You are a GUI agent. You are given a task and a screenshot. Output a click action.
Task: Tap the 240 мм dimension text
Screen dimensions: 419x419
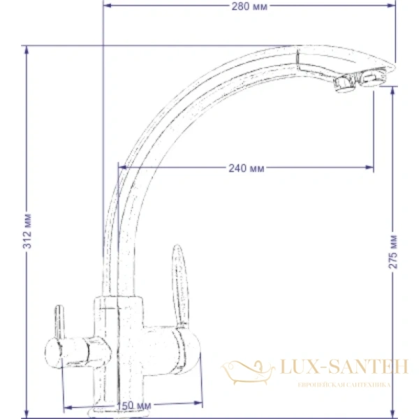pyautogui.click(x=246, y=168)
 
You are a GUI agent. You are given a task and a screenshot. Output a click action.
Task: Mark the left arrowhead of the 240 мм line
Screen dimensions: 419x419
pyautogui.click(x=122, y=168)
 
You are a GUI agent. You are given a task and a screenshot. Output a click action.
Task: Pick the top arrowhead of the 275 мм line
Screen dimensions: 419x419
pyautogui.click(x=392, y=88)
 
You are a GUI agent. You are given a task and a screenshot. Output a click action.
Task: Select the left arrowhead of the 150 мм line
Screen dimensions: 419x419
pyautogui.click(x=66, y=406)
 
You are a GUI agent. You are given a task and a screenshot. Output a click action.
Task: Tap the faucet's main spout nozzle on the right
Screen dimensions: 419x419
pyautogui.click(x=369, y=80)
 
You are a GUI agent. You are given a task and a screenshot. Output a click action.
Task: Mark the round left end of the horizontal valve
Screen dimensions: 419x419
pyautogui.click(x=52, y=349)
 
